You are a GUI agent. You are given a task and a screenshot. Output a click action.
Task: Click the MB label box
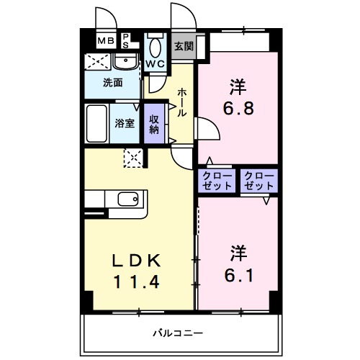tap(106, 40)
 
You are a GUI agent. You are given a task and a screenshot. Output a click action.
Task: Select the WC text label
tap(156, 63)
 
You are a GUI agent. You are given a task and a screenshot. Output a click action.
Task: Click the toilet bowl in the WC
tap(155, 47)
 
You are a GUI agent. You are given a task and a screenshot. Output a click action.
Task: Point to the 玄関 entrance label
tap(184, 46)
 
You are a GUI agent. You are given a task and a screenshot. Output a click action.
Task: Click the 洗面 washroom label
tap(112, 82)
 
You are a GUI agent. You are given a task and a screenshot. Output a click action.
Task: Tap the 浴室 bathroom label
tap(125, 122)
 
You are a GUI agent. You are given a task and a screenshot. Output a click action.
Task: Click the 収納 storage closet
tap(154, 124)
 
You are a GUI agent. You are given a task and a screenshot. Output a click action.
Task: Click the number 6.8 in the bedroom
tap(238, 112)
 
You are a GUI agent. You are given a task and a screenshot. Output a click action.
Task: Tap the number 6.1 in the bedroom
tap(238, 275)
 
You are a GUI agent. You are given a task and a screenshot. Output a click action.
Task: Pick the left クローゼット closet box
tap(217, 181)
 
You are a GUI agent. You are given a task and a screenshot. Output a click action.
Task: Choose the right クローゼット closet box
tap(258, 181)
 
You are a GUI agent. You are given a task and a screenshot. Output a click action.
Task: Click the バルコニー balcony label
tap(177, 333)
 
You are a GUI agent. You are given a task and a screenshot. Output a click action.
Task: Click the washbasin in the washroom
tap(126, 60)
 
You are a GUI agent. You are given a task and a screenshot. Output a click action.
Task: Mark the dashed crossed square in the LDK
tap(133, 156)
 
